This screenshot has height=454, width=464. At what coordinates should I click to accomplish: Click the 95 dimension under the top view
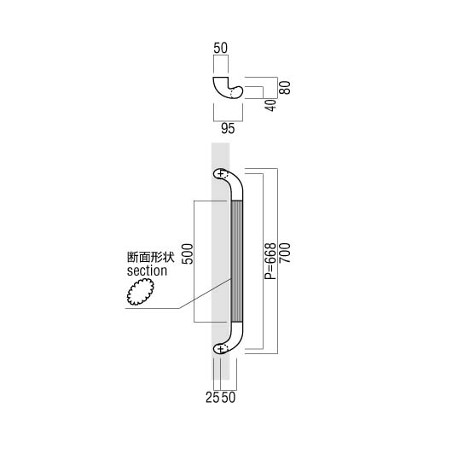[228, 129]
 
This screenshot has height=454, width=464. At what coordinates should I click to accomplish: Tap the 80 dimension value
[285, 87]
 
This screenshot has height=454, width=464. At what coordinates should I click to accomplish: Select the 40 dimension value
[270, 106]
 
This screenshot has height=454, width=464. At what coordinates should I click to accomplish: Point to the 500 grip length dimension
[188, 253]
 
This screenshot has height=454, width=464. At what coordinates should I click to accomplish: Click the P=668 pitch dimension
[270, 261]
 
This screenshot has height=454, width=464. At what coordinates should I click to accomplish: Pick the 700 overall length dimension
[285, 253]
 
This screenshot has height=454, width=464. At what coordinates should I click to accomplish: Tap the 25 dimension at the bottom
[212, 398]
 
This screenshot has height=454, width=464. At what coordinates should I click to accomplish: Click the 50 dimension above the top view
[221, 49]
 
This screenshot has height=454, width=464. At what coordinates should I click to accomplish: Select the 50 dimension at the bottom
[229, 398]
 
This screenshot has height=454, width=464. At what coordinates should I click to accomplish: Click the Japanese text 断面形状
[151, 258]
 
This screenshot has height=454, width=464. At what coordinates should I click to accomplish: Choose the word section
[147, 271]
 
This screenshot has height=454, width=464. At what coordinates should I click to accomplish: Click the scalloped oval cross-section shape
[141, 293]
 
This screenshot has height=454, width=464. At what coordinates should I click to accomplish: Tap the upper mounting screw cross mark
[220, 173]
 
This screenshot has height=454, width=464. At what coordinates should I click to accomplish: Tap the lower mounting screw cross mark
[220, 349]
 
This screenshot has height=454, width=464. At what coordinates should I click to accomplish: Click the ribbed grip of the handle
[237, 261]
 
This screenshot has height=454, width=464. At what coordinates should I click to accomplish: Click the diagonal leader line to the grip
[205, 294]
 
